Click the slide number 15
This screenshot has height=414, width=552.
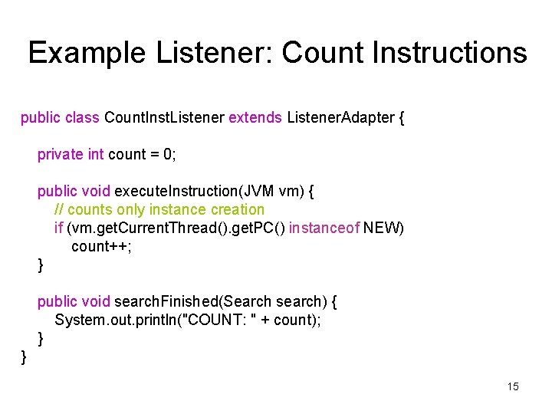[513, 386]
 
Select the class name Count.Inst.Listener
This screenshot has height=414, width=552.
[164, 117]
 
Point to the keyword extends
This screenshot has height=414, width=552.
[256, 117]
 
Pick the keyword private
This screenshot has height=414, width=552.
[61, 154]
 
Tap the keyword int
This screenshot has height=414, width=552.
[97, 154]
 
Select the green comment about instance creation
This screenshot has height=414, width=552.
[159, 209]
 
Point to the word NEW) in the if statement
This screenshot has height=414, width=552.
[384, 228]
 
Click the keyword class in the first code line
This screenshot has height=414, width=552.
[83, 117]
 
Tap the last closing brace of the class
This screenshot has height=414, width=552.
[24, 356]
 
